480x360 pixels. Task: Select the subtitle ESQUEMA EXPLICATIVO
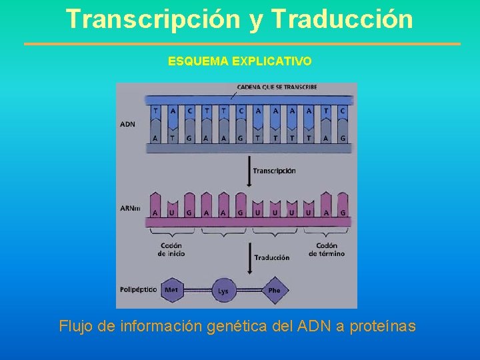click(x=239, y=61)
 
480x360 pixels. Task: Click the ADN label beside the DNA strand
click(x=127, y=124)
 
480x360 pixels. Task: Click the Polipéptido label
click(x=138, y=289)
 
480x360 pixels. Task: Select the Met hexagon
click(x=172, y=290)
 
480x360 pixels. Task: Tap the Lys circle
click(x=223, y=291)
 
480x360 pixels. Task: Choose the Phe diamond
click(x=274, y=290)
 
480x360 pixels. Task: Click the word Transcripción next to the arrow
click(x=274, y=171)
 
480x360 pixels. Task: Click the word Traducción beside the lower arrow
click(x=271, y=257)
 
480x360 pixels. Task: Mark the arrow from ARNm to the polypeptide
click(x=248, y=257)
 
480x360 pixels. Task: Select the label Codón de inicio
click(x=171, y=249)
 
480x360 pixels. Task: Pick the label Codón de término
click(x=327, y=249)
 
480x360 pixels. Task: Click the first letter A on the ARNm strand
click(x=155, y=213)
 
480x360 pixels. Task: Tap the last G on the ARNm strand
click(x=343, y=213)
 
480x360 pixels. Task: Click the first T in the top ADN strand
click(x=155, y=111)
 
